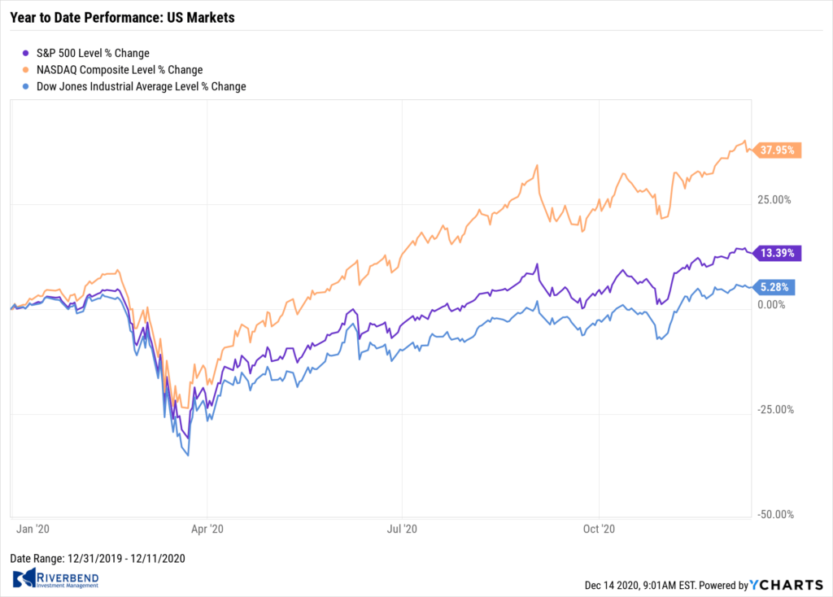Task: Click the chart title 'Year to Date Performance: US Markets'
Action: pyautogui.click(x=122, y=18)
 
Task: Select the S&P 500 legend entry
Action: pyautogui.click(x=86, y=53)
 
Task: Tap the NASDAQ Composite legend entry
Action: pyautogui.click(x=112, y=70)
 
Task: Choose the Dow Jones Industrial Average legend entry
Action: pyautogui.click(x=134, y=86)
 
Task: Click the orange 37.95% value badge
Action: pyautogui.click(x=777, y=150)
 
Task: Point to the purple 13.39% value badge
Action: pyautogui.click(x=777, y=253)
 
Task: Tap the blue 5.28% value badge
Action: pyautogui.click(x=774, y=287)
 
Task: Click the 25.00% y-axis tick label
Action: pyautogui.click(x=774, y=200)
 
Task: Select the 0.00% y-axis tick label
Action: pyautogui.click(x=771, y=304)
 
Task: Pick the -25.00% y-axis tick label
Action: pyautogui.click(x=775, y=409)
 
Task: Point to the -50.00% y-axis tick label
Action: pyautogui.click(x=775, y=514)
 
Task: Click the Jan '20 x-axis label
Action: pyautogui.click(x=33, y=529)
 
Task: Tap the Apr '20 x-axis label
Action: pyautogui.click(x=207, y=529)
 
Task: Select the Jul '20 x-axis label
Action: pyautogui.click(x=402, y=529)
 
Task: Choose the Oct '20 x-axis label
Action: pyautogui.click(x=599, y=529)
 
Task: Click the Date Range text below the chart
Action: pyautogui.click(x=98, y=558)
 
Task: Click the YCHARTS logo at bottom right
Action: pyautogui.click(x=787, y=585)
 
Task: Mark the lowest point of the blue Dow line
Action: pyautogui.click(x=189, y=455)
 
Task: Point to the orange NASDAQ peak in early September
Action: pyautogui.click(x=537, y=165)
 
